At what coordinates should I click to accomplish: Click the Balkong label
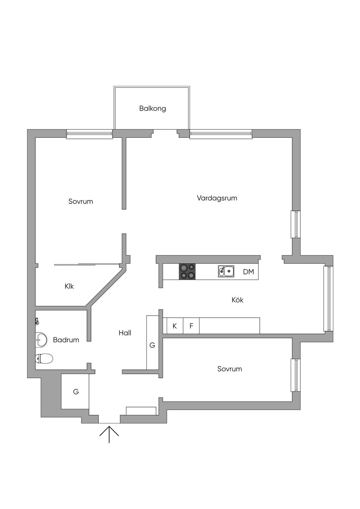click(152, 108)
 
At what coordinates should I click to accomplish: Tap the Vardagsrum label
click(217, 198)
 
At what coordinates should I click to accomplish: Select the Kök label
click(238, 300)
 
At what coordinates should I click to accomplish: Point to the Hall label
click(125, 333)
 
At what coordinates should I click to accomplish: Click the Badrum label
click(66, 340)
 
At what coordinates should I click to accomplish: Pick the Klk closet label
click(69, 286)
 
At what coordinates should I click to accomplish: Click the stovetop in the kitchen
click(187, 272)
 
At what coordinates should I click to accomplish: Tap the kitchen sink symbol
click(226, 271)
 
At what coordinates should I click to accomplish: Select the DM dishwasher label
click(249, 272)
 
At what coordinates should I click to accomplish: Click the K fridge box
click(175, 326)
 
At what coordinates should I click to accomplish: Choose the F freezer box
click(191, 326)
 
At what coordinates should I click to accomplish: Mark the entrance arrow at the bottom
click(109, 434)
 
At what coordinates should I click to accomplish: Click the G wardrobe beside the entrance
click(76, 392)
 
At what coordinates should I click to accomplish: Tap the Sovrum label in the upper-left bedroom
click(81, 201)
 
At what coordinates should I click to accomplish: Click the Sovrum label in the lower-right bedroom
click(230, 369)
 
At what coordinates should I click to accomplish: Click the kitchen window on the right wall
click(329, 298)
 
